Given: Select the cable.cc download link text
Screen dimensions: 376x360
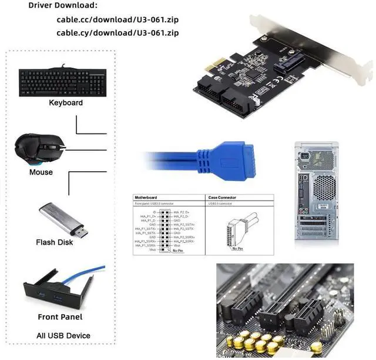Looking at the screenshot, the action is coord(117,19).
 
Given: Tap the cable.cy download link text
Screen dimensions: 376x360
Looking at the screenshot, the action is coord(117,32).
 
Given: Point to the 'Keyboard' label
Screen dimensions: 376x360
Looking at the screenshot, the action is coord(66,102).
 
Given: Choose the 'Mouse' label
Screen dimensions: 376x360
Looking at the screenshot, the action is coord(41,172).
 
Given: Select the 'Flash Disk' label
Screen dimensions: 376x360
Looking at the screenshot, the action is coord(55,242).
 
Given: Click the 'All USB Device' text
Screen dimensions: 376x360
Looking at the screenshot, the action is coord(63,336).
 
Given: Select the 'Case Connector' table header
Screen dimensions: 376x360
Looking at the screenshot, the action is coord(224,198).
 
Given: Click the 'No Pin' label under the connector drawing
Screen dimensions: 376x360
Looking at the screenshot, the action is coord(237,249).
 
